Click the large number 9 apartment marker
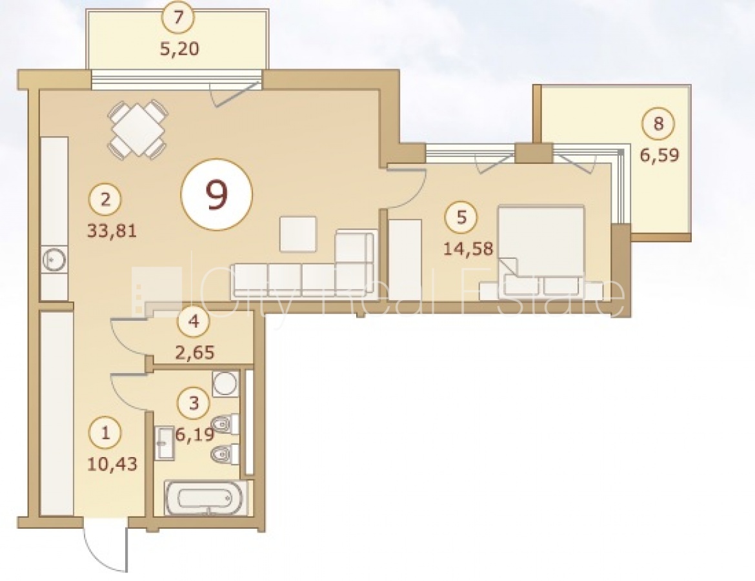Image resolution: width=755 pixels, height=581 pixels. (x=216, y=194)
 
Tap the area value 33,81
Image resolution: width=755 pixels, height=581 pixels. (x=112, y=230)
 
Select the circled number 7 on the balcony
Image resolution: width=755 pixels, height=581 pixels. (x=179, y=17)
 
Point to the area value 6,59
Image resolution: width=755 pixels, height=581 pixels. (x=659, y=155)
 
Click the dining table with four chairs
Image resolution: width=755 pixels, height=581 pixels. (x=137, y=128)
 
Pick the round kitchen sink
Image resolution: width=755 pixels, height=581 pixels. (x=54, y=260)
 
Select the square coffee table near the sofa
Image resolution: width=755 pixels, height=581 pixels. (x=298, y=234)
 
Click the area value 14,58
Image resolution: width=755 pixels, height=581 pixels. (x=468, y=249)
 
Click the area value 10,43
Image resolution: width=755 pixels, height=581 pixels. (x=112, y=464)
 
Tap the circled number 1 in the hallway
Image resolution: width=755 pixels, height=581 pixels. (x=105, y=432)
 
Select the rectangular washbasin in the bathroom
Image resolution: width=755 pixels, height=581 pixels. (x=164, y=443)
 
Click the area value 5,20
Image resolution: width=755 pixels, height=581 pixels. (x=179, y=48)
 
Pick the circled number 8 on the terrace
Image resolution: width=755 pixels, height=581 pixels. (x=658, y=124)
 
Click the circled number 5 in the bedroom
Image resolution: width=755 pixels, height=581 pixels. (x=461, y=218)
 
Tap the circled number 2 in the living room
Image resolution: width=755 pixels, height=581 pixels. (x=105, y=199)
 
